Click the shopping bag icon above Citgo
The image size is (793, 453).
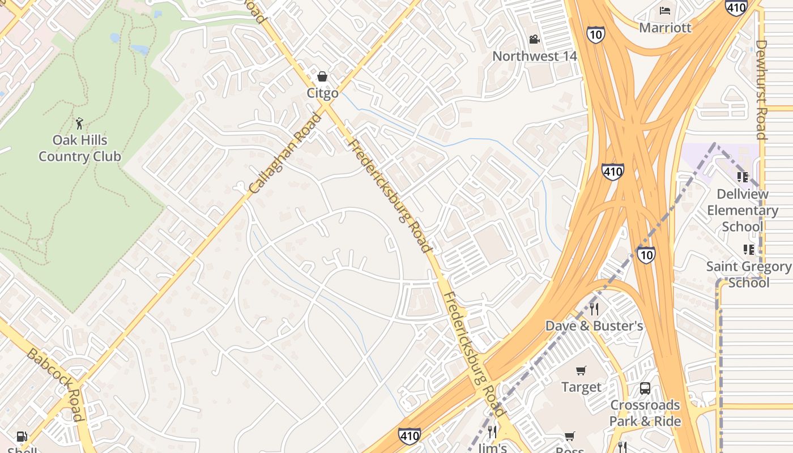[x=322, y=76]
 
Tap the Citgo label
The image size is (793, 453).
[x=323, y=93]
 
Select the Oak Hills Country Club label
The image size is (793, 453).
[x=80, y=148]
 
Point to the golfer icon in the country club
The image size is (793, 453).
[x=79, y=123]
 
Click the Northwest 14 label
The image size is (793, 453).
[x=535, y=56]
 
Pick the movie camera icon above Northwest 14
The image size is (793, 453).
[x=534, y=39]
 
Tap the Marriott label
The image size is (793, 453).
[x=666, y=27]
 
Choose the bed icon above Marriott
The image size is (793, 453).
[x=666, y=11]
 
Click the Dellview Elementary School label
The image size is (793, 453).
[x=743, y=210]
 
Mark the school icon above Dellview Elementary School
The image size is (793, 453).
[x=743, y=177]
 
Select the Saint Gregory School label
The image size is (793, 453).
[x=749, y=274]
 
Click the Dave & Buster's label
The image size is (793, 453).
[x=594, y=326]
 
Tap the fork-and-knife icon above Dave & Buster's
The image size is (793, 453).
[x=594, y=309]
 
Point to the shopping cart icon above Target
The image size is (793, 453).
[x=581, y=370]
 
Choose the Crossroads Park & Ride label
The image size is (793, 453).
[x=645, y=413]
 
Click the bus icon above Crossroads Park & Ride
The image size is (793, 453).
[x=645, y=388]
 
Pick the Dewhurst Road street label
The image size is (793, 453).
[x=761, y=89]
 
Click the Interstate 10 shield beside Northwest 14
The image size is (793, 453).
[x=596, y=34]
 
